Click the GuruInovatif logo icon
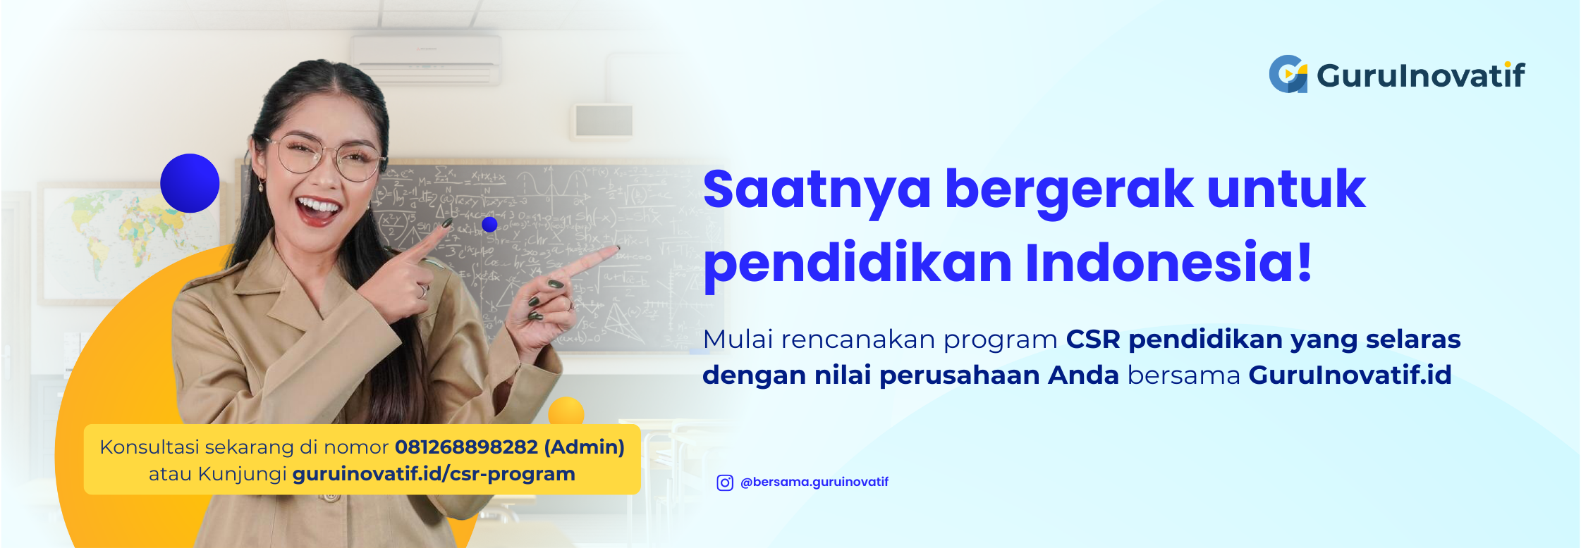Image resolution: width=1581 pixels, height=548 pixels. coord(1288,74)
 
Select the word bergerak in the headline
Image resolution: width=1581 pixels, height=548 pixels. coord(1068,190)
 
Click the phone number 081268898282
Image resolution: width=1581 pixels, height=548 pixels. coord(466,447)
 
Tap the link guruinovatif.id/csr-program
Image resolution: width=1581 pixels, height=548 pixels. coord(434,474)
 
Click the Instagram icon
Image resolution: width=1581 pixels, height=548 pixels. coord(725,482)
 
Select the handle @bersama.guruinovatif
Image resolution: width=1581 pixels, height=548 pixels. coord(814,482)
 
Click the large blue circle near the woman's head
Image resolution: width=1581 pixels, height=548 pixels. coord(190,183)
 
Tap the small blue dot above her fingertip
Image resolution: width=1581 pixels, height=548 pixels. coord(489,225)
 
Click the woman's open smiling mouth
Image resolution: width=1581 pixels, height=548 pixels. coord(319,209)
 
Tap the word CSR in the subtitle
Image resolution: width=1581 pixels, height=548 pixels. coord(1092,340)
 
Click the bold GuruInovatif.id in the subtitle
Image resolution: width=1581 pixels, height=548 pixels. coord(1350,375)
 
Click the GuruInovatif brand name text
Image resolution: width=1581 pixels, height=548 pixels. coord(1420,75)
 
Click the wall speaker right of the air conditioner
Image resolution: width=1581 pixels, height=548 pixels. coord(604,120)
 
